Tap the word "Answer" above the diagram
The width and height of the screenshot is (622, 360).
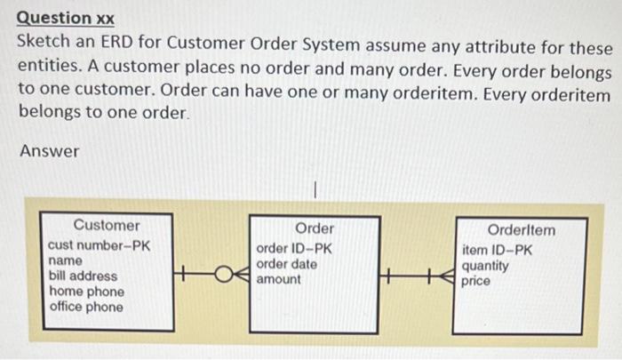click(50, 152)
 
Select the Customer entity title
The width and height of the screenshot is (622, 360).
click(107, 226)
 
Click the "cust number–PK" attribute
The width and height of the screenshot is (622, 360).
click(99, 244)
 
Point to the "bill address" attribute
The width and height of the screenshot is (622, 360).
click(83, 276)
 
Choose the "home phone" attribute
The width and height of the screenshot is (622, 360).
click(86, 292)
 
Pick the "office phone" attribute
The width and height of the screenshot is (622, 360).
click(86, 308)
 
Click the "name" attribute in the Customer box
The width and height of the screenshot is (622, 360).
click(66, 260)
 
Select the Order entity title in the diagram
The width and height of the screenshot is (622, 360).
click(314, 229)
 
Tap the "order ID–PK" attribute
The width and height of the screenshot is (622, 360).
click(294, 248)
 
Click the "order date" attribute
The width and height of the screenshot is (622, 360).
click(287, 264)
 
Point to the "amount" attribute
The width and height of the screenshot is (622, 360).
click(278, 279)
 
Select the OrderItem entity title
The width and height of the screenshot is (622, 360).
click(522, 230)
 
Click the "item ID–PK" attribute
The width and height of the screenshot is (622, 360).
click(497, 250)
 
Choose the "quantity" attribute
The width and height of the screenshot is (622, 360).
click(485, 266)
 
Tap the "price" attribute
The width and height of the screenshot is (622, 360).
click(475, 281)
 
